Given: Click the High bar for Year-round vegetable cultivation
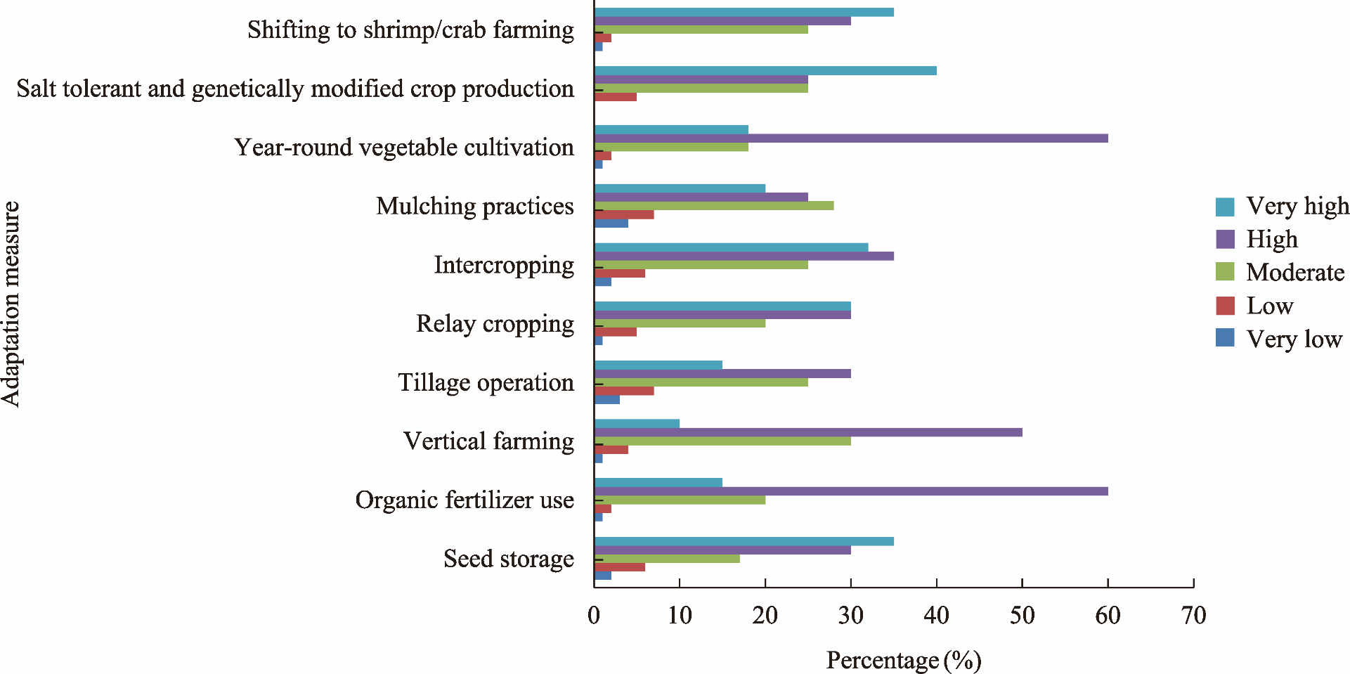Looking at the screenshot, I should pos(850,138).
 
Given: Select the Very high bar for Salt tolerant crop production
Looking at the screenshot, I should pos(765,71).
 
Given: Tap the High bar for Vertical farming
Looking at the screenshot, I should pos(807,432).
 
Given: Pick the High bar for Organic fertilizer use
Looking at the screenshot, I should pos(850,491).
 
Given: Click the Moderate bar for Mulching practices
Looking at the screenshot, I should pos(713,206).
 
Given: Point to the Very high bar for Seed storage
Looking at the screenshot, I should pos(744,542).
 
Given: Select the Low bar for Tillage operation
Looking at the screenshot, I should pos(624,391).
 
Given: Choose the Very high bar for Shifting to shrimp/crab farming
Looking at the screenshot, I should pos(744,13).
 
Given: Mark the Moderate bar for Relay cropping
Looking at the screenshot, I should pos(680,323).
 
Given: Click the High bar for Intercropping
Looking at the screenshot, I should pos(744,257).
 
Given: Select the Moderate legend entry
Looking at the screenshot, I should pos(1280,273).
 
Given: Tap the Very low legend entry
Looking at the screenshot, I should pos(1279,339).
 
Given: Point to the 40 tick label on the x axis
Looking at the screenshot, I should pos(936,616).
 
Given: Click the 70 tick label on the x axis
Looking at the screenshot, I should pos(1193,616).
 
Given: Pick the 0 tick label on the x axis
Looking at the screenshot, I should pos(594,616).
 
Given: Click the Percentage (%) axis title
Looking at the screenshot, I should pos(903,661).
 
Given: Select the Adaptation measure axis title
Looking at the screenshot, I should pos(11,304).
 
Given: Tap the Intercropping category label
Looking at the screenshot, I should pos(503,266).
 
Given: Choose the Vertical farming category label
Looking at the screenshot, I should pos(488,441).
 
